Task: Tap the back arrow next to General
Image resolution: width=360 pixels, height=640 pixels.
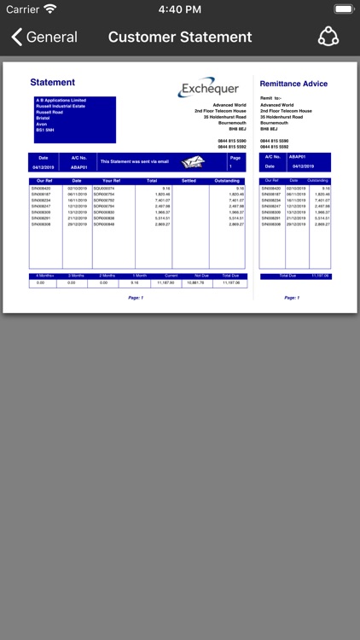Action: (16, 37)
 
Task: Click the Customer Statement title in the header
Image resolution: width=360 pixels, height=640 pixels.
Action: (180, 37)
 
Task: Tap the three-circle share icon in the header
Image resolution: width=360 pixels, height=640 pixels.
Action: (328, 37)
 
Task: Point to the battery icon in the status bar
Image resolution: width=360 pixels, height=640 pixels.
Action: (343, 9)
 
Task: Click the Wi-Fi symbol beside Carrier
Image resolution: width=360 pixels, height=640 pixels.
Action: (50, 9)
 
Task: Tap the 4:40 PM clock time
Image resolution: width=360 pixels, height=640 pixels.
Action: (180, 9)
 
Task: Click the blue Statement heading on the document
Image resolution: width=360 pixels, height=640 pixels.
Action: (53, 83)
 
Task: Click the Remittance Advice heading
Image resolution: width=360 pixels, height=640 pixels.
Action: (293, 84)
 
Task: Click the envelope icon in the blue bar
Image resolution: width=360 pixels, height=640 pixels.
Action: (195, 162)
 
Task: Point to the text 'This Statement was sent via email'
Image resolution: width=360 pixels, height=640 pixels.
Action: (135, 161)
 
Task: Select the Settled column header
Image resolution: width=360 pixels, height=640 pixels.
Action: (189, 181)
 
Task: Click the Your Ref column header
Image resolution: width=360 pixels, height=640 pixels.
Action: (112, 181)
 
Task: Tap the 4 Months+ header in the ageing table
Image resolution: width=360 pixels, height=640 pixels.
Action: (44, 276)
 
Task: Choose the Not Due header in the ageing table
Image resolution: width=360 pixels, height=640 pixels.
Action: (201, 276)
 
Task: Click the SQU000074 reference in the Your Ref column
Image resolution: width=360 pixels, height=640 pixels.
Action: (104, 188)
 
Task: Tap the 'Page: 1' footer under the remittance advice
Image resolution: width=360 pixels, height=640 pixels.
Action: (292, 298)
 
